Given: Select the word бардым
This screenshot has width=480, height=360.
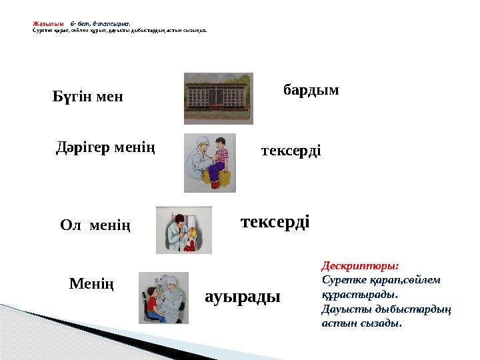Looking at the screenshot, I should tap(311, 89).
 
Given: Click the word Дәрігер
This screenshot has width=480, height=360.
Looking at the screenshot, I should tap(82, 146).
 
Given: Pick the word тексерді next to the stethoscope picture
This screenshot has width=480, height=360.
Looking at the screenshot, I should tap(291, 151).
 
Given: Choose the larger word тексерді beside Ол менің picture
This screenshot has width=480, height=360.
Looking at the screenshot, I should tap(275, 221).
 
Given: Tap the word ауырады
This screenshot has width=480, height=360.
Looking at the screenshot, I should tap(243, 296).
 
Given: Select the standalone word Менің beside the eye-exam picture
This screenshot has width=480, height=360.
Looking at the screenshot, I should tap(91, 285).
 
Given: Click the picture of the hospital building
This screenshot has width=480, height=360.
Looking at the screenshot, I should tap(218, 98).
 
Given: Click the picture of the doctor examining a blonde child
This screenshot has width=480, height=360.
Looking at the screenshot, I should tap(183, 230).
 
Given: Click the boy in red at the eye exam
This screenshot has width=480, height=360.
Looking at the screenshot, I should tap(151, 305).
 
